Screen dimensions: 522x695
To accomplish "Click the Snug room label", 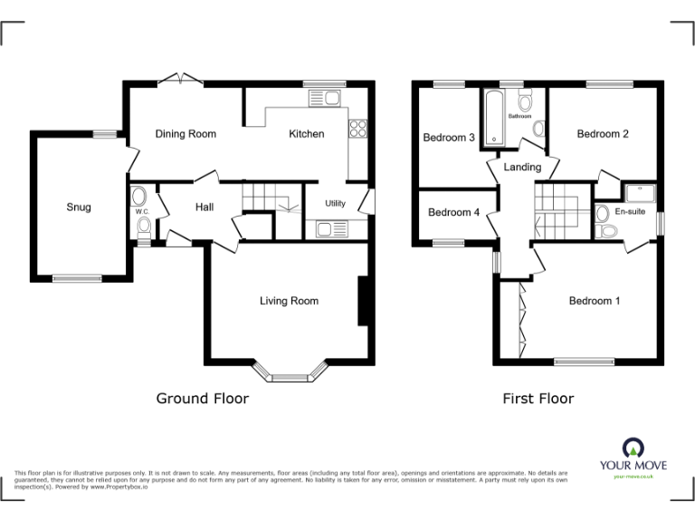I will point(79,207).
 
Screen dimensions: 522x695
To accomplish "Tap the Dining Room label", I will point(186,134).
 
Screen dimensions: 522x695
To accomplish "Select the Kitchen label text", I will point(306,134).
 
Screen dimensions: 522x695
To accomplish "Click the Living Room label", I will point(289,301).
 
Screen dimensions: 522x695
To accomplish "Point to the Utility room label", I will point(335,204).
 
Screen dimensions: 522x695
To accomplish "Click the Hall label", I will point(205,208).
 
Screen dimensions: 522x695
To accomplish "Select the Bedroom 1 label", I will point(594,301).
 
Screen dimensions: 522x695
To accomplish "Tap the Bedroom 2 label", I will point(603,134).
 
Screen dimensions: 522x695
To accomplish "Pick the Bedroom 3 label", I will point(449,138).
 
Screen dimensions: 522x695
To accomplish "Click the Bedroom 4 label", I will point(453,213).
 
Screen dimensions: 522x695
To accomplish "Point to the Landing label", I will point(522,167).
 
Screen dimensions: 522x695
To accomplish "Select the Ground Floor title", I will point(203,398).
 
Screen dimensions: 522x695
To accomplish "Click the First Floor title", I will point(538,398).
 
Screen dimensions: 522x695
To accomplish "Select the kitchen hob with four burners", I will point(357,130).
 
